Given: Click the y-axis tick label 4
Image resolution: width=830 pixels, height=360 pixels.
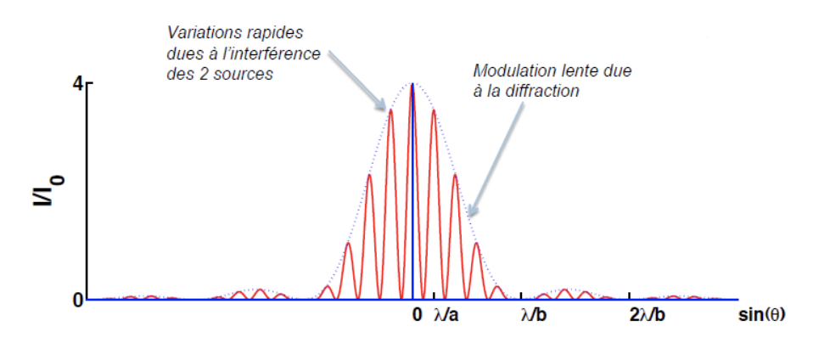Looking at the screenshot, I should (76, 84).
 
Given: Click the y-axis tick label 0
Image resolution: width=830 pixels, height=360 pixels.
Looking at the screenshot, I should (76, 300).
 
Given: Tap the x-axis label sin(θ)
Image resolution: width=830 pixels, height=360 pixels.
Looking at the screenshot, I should (761, 315).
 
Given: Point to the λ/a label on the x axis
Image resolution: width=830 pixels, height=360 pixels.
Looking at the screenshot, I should (447, 315).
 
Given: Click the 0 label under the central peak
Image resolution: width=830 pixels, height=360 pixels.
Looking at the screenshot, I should (417, 315).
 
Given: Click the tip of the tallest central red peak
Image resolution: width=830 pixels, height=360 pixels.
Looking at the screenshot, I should (412, 85).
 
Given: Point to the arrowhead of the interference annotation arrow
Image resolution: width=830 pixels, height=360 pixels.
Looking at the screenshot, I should (384, 110).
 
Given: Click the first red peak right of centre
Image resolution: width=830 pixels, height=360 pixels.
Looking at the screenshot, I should (434, 111).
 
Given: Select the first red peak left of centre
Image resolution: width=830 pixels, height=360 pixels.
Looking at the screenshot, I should (391, 111).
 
